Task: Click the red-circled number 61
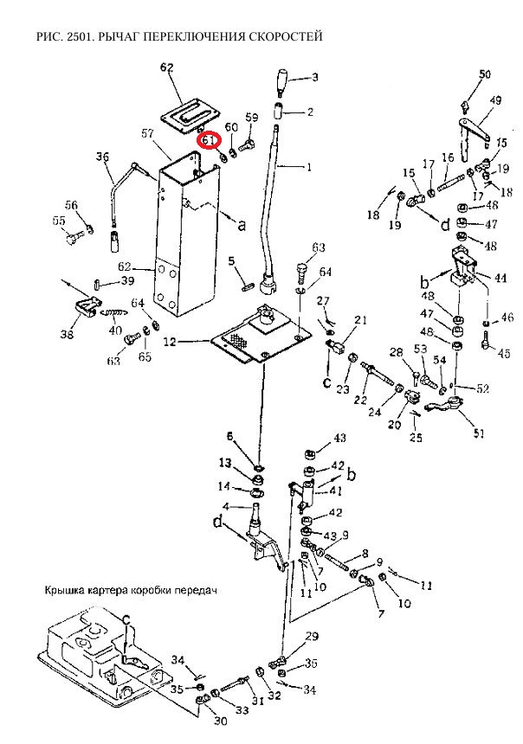(209, 138)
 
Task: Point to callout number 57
(147, 133)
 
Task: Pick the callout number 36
(104, 157)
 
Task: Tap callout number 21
(360, 321)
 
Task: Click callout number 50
(485, 74)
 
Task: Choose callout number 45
(504, 352)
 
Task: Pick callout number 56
(71, 206)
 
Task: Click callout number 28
(396, 351)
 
